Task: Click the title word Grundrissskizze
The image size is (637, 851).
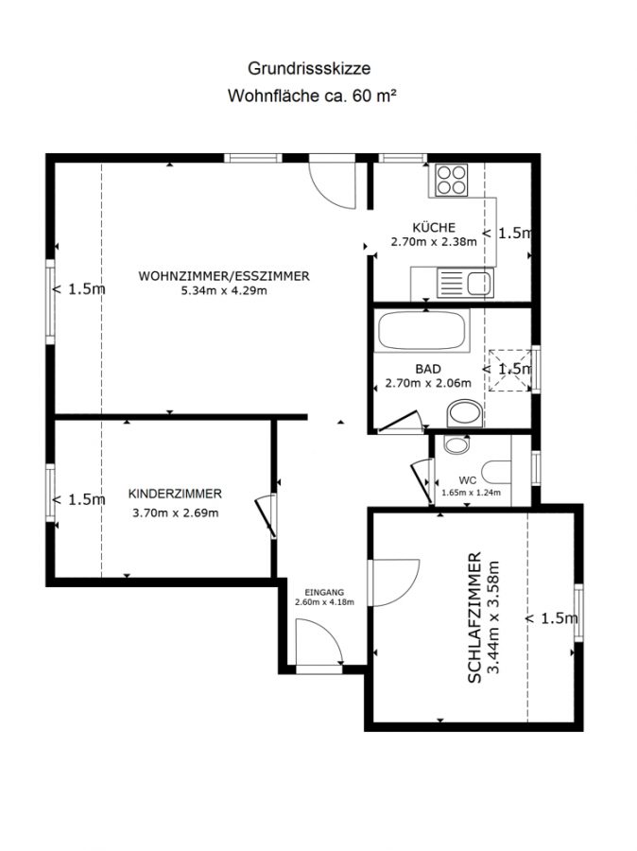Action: (309, 69)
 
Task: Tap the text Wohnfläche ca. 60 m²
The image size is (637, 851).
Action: (312, 96)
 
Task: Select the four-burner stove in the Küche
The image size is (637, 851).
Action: (452, 180)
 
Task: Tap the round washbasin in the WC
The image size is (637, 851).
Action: (455, 444)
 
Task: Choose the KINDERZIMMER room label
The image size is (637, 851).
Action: (175, 494)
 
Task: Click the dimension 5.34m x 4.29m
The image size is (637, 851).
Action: (224, 291)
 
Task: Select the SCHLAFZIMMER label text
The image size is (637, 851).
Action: (474, 617)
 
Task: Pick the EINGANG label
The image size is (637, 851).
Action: (324, 593)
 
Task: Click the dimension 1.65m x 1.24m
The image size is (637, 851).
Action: (471, 493)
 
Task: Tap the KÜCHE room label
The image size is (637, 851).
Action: (434, 227)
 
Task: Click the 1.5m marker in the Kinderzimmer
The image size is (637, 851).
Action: (78, 499)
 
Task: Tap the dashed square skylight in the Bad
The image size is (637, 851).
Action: (510, 370)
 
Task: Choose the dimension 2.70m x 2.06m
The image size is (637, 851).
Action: (428, 383)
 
